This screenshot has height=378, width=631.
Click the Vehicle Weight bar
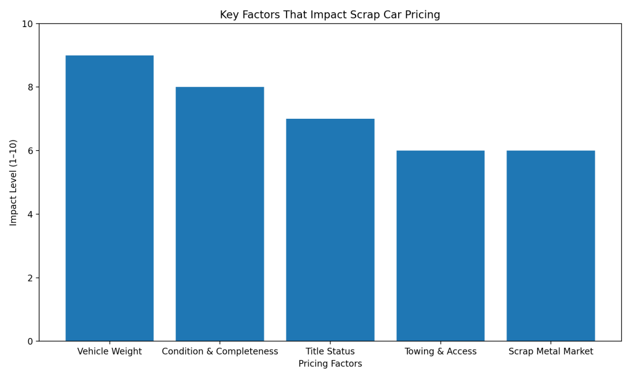[x=110, y=198]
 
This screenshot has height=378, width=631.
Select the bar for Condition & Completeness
[x=220, y=214]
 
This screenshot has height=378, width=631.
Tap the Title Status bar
[x=330, y=230]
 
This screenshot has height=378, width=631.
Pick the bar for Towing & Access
[x=441, y=246]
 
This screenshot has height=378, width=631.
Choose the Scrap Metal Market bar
[x=551, y=246]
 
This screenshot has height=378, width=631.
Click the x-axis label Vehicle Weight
[x=110, y=352]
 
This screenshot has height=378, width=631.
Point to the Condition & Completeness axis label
[x=220, y=352]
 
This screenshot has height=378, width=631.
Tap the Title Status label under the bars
[x=330, y=352]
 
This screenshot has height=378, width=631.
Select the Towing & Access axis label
[x=441, y=352]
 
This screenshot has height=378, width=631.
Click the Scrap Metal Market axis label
[x=551, y=352]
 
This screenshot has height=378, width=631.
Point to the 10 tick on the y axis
[x=27, y=24]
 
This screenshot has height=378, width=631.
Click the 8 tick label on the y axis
[x=30, y=87]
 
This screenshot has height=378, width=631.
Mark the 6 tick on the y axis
[x=30, y=151]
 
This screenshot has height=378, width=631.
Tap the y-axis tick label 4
[x=30, y=214]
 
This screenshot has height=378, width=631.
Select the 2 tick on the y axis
[x=30, y=278]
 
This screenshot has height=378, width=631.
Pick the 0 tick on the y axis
[x=30, y=341]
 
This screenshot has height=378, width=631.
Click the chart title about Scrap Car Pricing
[x=330, y=15]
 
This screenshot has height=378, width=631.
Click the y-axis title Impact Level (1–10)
[x=14, y=182]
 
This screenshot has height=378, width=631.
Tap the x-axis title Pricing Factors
[x=330, y=364]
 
